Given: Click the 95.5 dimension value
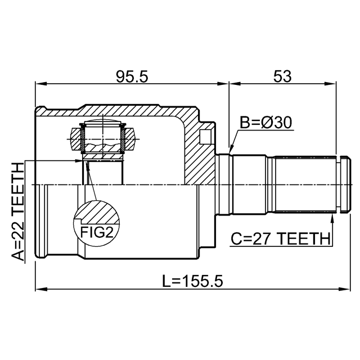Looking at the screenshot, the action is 132,76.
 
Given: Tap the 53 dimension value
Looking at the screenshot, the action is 282,76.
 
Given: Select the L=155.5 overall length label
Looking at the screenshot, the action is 192,281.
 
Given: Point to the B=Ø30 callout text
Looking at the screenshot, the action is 266,123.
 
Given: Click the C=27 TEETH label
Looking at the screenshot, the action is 280,238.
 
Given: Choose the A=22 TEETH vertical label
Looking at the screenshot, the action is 17,211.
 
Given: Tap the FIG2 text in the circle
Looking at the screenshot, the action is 97,232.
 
